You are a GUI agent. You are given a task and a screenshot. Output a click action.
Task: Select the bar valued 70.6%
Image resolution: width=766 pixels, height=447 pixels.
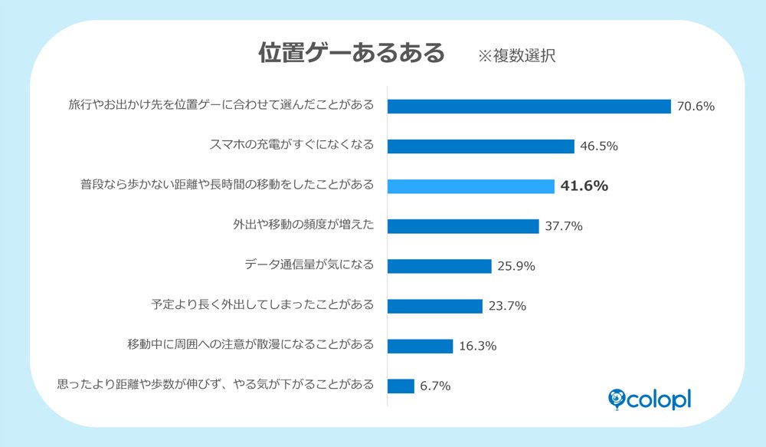point(529,106)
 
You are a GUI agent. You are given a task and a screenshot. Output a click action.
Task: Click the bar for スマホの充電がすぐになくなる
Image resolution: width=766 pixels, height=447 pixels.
point(480,146)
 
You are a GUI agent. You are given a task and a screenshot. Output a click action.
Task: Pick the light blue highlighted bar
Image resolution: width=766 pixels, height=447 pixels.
point(470,186)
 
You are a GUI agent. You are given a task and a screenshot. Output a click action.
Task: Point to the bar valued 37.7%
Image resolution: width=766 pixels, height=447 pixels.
point(463,225)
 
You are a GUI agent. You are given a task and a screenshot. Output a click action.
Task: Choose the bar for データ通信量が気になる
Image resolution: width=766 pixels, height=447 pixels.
point(439,266)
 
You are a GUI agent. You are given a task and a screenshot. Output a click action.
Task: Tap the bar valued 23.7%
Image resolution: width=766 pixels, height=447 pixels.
point(434,306)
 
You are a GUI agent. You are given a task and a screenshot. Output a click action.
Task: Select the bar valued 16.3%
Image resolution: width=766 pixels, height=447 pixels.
point(420,346)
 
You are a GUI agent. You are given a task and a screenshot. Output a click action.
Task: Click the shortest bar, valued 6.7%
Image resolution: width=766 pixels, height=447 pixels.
point(401,386)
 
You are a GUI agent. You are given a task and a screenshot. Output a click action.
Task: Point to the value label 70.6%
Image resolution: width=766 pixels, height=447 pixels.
point(696,106)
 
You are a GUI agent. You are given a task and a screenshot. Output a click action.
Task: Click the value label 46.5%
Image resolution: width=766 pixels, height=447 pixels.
point(599,146)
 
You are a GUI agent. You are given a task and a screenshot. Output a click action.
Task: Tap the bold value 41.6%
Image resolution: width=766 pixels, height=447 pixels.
point(584,186)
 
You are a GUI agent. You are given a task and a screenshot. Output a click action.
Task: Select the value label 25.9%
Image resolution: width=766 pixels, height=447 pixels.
point(516,266)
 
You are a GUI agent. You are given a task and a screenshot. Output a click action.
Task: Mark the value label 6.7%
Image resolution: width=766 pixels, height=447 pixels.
point(434,386)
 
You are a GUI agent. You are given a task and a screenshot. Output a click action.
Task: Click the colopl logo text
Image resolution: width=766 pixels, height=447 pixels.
point(660,399)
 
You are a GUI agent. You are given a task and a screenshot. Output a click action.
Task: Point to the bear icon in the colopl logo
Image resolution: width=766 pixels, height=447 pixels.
point(617,397)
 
